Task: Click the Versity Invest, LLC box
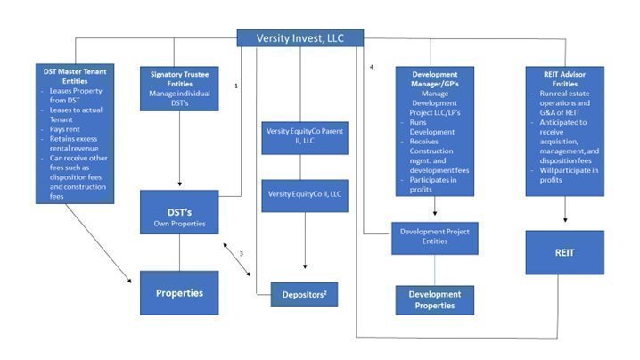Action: click(299, 37)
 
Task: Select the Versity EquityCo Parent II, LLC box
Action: click(304, 135)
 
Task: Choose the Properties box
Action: click(180, 292)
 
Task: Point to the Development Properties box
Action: click(435, 299)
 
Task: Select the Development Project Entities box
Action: click(435, 238)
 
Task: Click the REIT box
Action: click(564, 252)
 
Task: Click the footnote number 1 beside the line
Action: click(235, 86)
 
